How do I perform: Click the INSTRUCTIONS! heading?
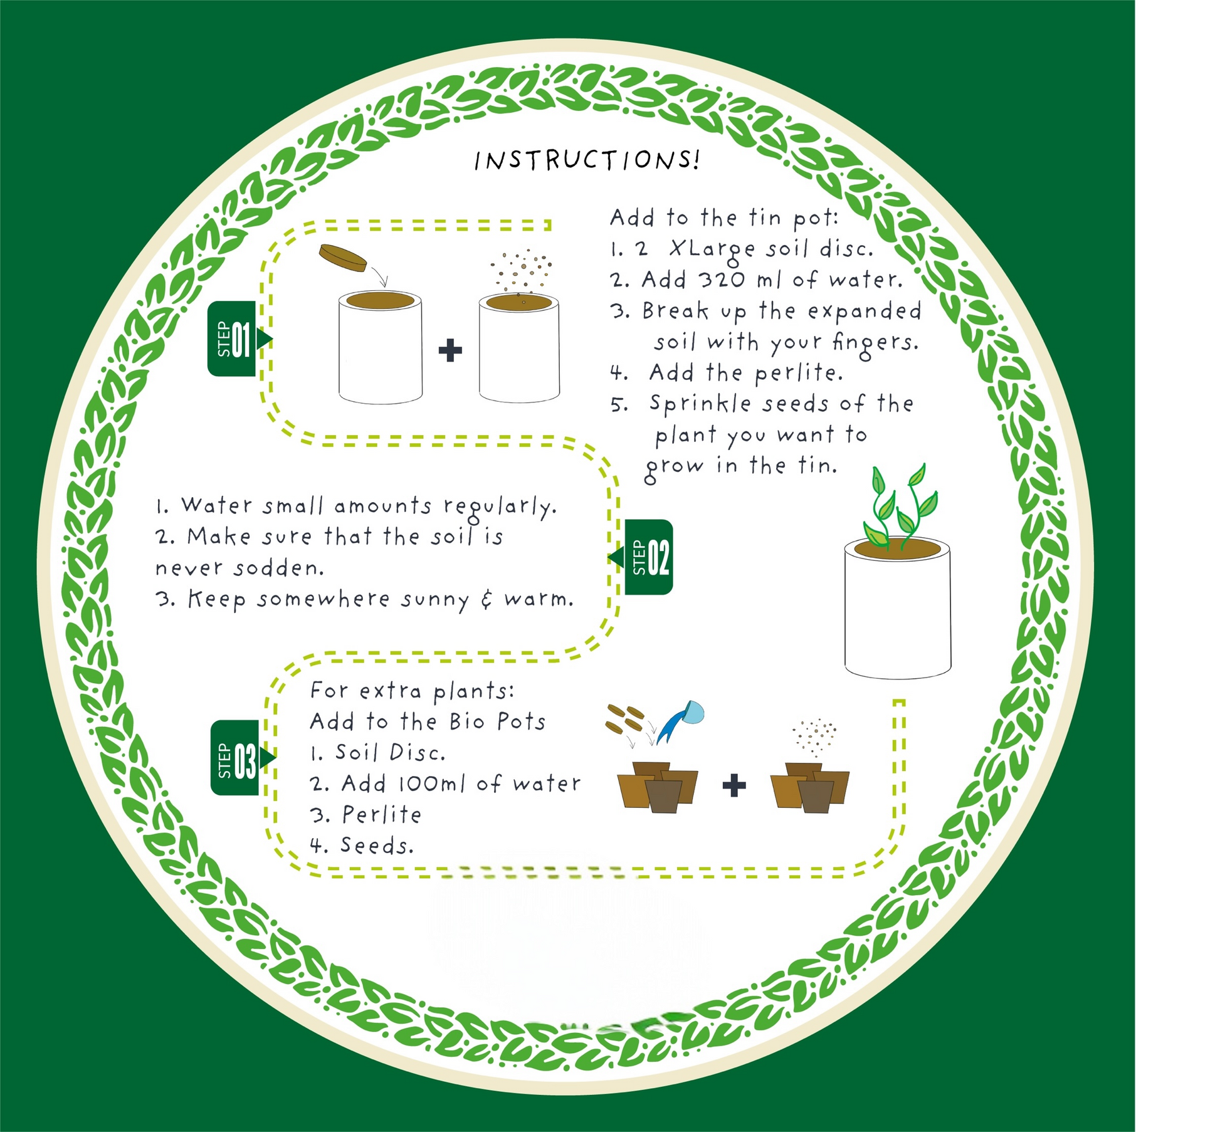click(x=586, y=160)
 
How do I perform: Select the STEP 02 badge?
click(x=649, y=557)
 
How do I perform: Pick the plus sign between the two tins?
click(x=450, y=350)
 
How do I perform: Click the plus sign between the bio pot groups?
click(x=734, y=785)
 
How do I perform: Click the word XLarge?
click(x=712, y=249)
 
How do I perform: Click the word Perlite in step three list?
click(x=381, y=815)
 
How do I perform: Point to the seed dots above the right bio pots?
click(x=814, y=736)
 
